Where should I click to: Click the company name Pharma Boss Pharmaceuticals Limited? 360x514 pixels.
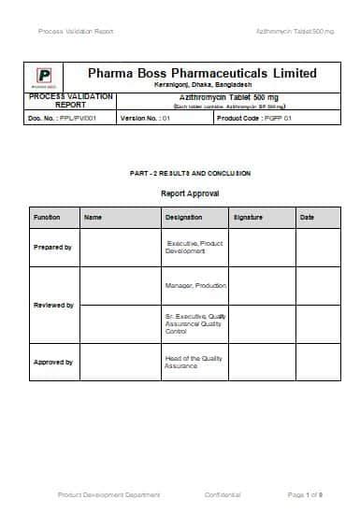(201, 73)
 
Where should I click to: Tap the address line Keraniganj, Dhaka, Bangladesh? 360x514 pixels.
(201, 86)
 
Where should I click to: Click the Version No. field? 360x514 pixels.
(145, 120)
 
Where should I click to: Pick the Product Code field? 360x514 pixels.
(255, 120)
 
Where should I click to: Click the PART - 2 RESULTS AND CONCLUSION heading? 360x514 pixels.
(190, 174)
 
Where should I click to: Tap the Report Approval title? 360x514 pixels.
(190, 193)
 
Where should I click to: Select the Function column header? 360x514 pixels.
(47, 217)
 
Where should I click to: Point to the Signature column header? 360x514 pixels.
(248, 217)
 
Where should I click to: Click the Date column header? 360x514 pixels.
(307, 217)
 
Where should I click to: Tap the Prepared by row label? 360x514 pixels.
(52, 248)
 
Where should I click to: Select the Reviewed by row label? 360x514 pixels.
(52, 305)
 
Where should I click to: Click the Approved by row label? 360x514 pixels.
(52, 362)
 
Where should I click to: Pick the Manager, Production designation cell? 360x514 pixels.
(194, 285)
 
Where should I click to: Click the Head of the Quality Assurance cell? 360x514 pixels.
(194, 362)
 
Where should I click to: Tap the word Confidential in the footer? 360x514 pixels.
(223, 493)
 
